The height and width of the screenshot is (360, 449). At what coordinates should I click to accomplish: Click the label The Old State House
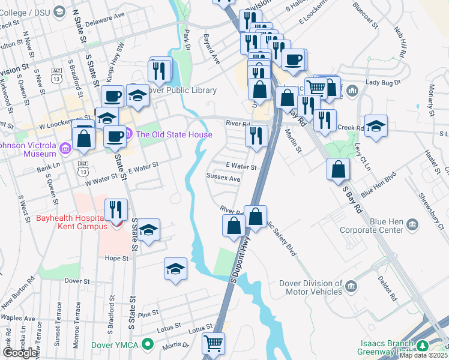coord(174,134)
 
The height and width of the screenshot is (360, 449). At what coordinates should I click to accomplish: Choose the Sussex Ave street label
coord(223,178)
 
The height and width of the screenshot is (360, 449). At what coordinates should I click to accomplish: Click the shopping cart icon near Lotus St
coord(213,343)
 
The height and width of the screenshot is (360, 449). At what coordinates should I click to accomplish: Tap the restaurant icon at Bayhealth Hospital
coord(116,209)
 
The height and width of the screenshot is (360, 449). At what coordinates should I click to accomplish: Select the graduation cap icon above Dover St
coord(176,268)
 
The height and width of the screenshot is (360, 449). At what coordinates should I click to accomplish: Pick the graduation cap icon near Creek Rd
coord(376,125)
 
